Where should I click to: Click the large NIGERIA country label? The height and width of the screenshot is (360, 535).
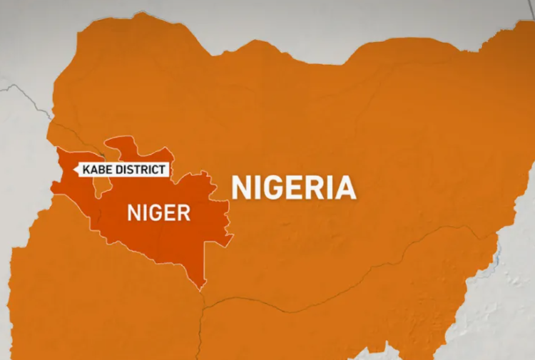click(x=294, y=187)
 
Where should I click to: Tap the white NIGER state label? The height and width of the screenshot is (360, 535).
click(x=158, y=212)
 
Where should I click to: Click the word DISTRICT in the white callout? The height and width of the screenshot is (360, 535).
click(x=140, y=170)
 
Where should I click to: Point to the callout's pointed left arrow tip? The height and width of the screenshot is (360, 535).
click(x=75, y=170)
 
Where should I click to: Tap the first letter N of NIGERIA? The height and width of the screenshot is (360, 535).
click(x=241, y=187)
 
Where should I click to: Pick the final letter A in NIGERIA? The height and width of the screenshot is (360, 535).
click(x=345, y=187)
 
